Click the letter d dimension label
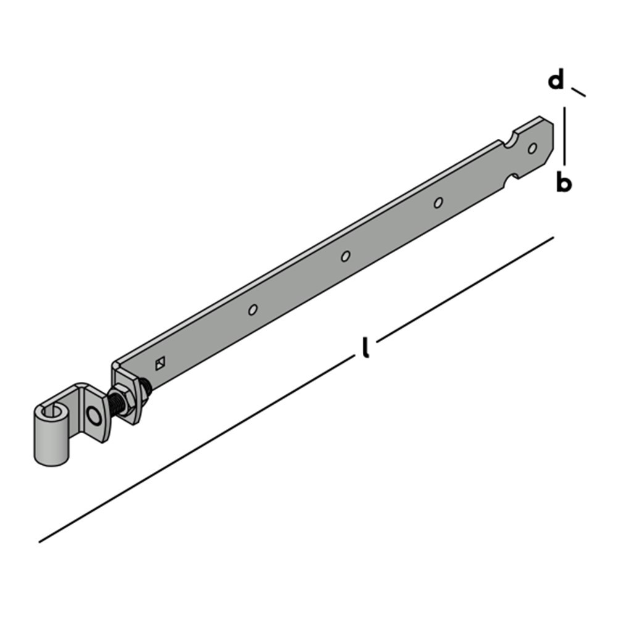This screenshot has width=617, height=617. coord(557,80)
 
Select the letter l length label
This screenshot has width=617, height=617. coord(366,348)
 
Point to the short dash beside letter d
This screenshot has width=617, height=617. coord(578,93)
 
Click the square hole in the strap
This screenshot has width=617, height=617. coord(160,363)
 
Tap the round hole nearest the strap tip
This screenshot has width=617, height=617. coord(532,148)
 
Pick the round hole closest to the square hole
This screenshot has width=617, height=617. coord(252,310)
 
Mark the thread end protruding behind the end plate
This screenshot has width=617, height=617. coord(147,388)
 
